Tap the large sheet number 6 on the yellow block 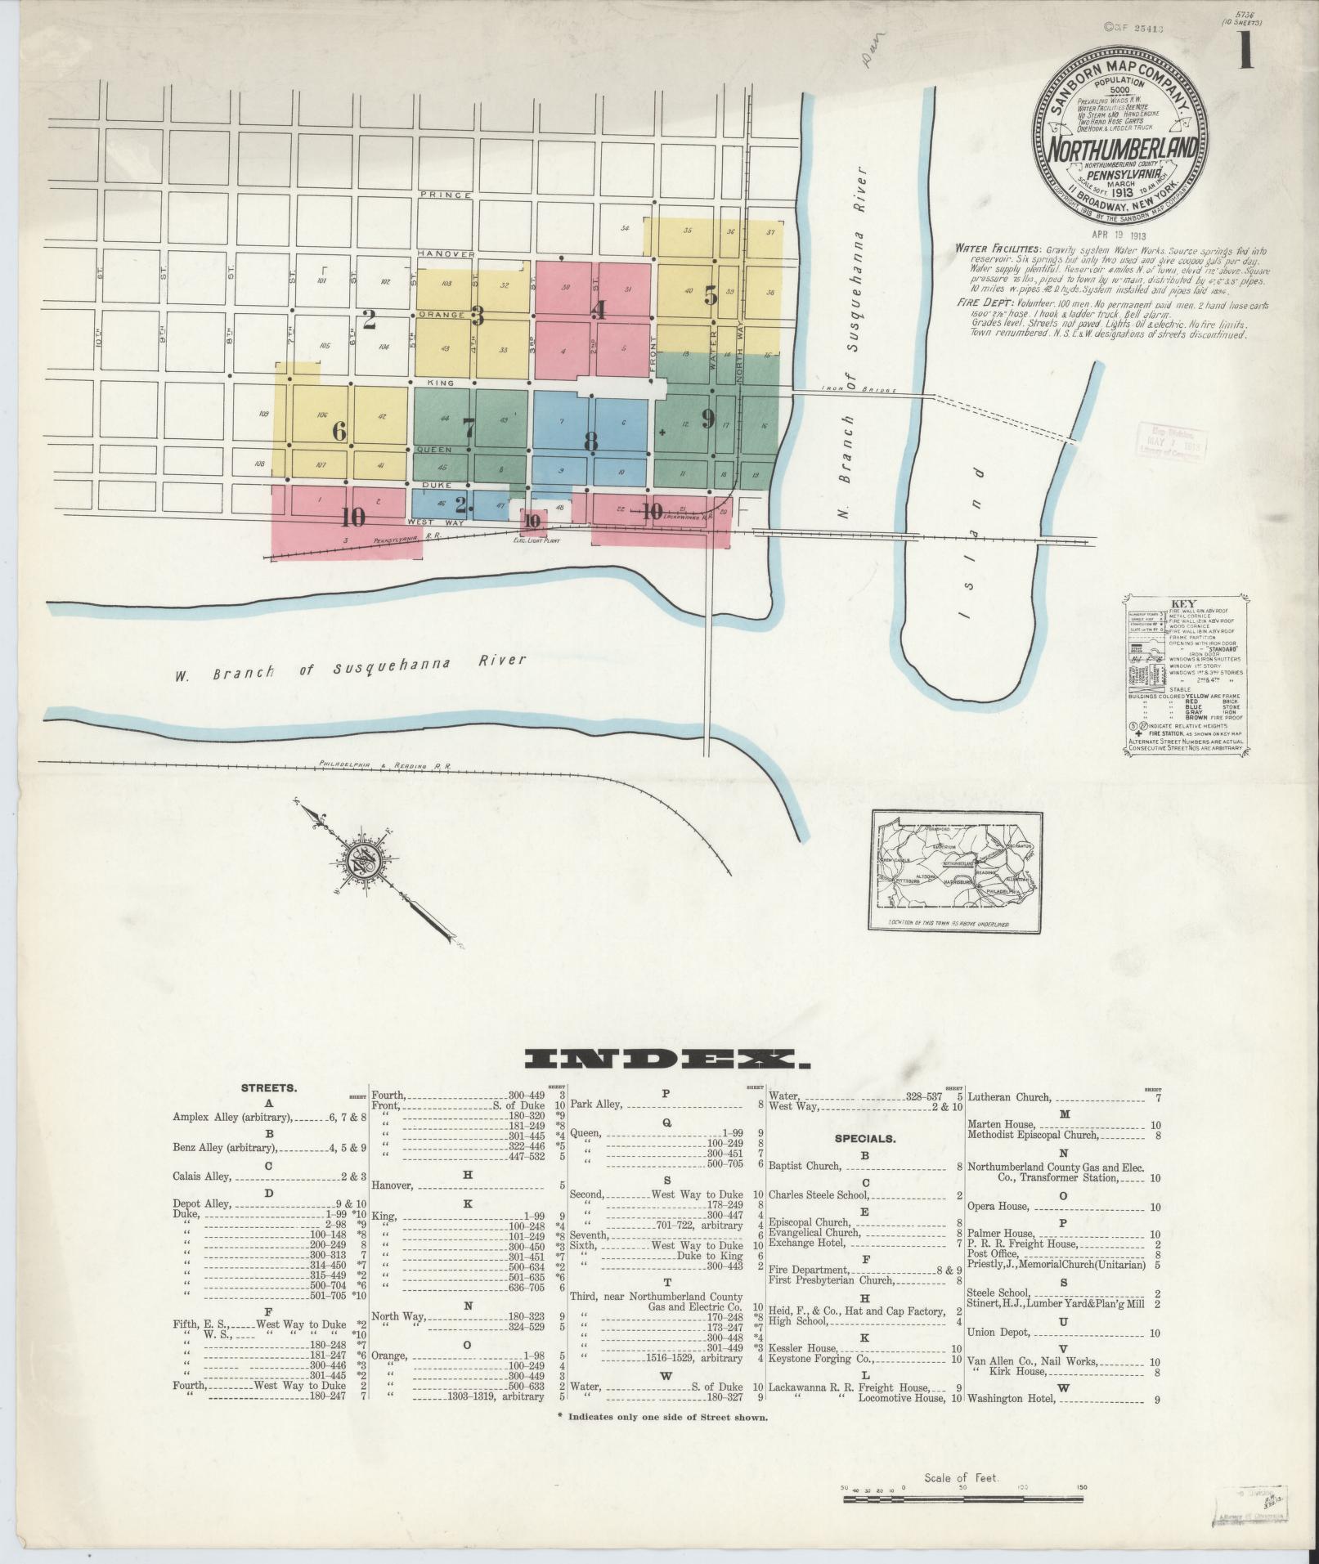coord(339,430)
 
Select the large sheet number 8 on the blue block coord(590,441)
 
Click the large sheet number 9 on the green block coord(708,419)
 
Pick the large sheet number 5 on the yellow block coord(711,295)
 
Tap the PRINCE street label coord(445,195)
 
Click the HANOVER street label coord(446,254)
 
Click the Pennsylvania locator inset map coord(956,872)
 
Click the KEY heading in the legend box coord(1183,603)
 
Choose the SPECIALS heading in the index coord(865,1137)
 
